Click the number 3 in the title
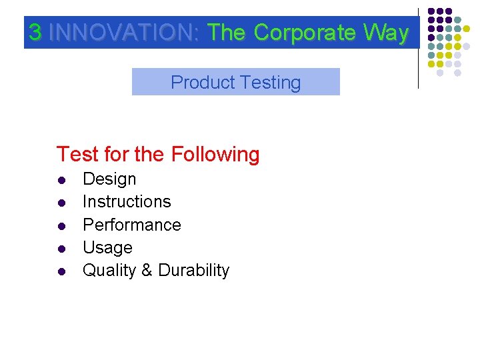[36, 33]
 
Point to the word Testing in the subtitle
[271, 83]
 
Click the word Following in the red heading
[215, 155]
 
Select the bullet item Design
[109, 179]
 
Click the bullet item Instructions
[127, 201]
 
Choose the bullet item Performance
[131, 225]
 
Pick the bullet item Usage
[107, 248]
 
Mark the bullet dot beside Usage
[61, 249]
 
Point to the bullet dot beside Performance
[61, 226]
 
